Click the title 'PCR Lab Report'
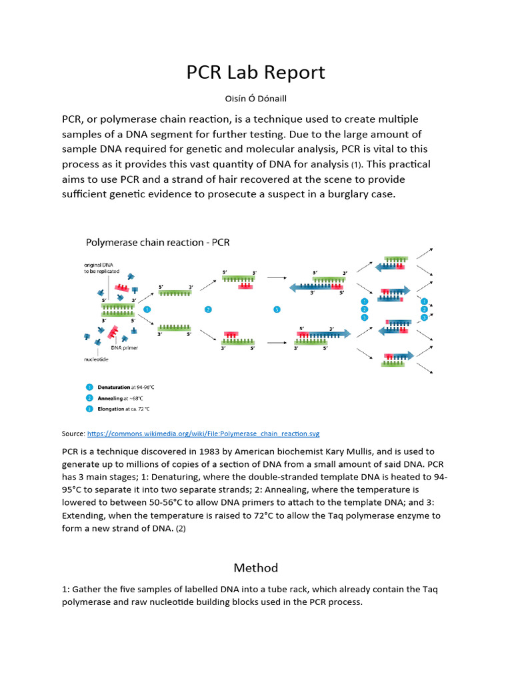pos(256,72)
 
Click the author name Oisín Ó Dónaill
pos(256,99)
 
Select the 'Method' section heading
pos(255,568)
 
